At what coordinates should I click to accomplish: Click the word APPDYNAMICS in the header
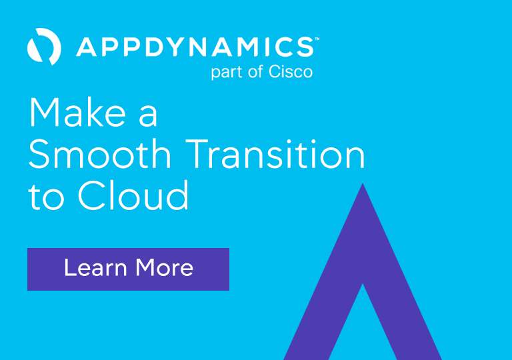tap(194, 47)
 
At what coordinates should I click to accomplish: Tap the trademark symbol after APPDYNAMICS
tap(317, 39)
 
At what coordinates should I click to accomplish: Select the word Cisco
tap(291, 71)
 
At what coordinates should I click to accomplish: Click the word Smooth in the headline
tap(100, 155)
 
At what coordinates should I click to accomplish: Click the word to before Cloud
tap(45, 198)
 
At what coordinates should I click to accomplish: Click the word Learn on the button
tap(95, 268)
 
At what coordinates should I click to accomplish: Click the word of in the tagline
tap(256, 71)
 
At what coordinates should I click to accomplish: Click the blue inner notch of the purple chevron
tap(363, 327)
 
